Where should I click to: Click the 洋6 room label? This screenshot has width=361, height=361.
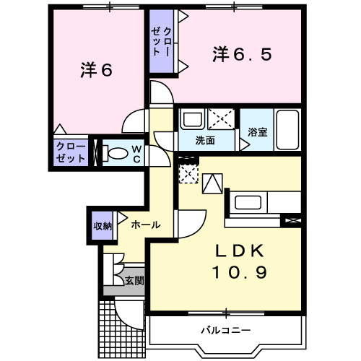click(x=97, y=71)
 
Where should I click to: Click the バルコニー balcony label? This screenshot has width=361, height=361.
click(x=225, y=330)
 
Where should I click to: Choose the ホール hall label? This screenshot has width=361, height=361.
click(x=145, y=225)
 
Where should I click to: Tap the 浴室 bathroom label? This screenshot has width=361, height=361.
click(x=258, y=132)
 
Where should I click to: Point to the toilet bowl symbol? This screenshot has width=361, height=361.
click(x=115, y=153)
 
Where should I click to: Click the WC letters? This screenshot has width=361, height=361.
click(x=135, y=154)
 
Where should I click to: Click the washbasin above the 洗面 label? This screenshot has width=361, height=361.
click(x=193, y=119)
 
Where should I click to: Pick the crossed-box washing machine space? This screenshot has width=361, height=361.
click(x=220, y=118)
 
